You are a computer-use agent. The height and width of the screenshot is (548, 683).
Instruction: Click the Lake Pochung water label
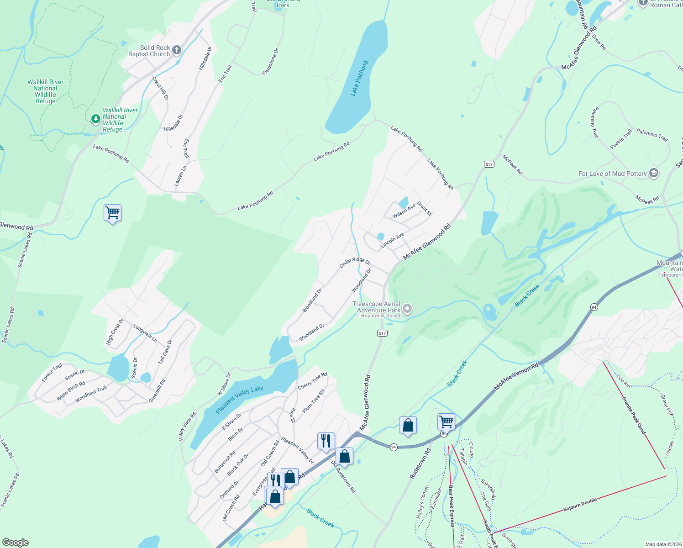(x=359, y=78)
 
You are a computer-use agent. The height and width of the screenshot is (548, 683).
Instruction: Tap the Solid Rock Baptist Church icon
(x=177, y=50)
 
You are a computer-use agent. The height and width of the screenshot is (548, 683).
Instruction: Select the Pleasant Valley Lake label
(x=240, y=400)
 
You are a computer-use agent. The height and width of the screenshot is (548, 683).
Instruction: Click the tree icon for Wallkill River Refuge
(x=95, y=119)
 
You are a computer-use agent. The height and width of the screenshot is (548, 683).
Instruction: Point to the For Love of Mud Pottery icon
(x=654, y=174)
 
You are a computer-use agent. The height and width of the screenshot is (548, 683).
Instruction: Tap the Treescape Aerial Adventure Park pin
(x=407, y=309)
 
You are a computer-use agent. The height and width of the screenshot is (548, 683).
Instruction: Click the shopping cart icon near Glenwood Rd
(x=112, y=213)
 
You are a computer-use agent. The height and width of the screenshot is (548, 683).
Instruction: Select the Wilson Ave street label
(x=404, y=211)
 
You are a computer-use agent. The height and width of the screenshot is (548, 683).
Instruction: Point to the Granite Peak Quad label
(x=634, y=415)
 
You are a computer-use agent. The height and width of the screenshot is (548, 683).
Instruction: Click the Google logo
(x=16, y=543)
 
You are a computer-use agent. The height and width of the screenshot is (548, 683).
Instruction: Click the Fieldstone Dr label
(x=271, y=62)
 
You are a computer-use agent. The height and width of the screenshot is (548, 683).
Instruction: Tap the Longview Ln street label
(x=145, y=334)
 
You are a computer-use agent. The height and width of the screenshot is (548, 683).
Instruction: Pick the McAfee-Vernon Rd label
(x=516, y=377)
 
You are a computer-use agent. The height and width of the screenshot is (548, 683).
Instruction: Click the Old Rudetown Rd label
(x=343, y=477)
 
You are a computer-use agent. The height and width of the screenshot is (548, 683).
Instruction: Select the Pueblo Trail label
(x=621, y=139)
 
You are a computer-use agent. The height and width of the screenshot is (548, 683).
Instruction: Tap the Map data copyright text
(x=663, y=544)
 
